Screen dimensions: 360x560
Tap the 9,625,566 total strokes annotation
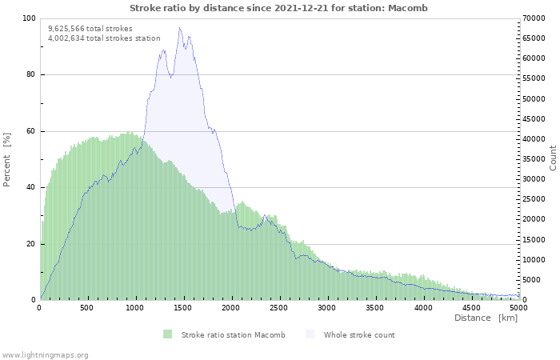pos(90,28)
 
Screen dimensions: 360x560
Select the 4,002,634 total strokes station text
pos(104,38)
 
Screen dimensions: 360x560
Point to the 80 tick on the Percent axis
pos(31,75)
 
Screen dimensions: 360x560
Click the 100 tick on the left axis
pos(29,18)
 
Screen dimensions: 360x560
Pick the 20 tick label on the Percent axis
pos(31,244)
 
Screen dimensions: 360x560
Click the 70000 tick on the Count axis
pos(534,18)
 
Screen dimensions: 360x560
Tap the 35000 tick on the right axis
pos(534,159)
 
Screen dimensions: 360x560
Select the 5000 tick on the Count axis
pos(531,280)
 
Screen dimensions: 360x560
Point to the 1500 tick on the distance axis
pos(183,307)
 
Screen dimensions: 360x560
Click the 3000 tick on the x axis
pos(327,307)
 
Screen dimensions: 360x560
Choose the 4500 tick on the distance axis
pos(471,307)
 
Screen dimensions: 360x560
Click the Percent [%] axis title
pos(7,159)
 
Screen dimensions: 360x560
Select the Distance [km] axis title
pos(486,318)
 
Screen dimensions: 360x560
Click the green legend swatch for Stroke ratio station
pos(167,334)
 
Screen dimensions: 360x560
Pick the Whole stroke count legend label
pos(359,334)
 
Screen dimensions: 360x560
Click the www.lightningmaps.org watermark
pos(45,354)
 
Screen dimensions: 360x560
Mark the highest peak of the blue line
pos(180,28)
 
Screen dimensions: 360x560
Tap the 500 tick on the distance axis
pos(87,307)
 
